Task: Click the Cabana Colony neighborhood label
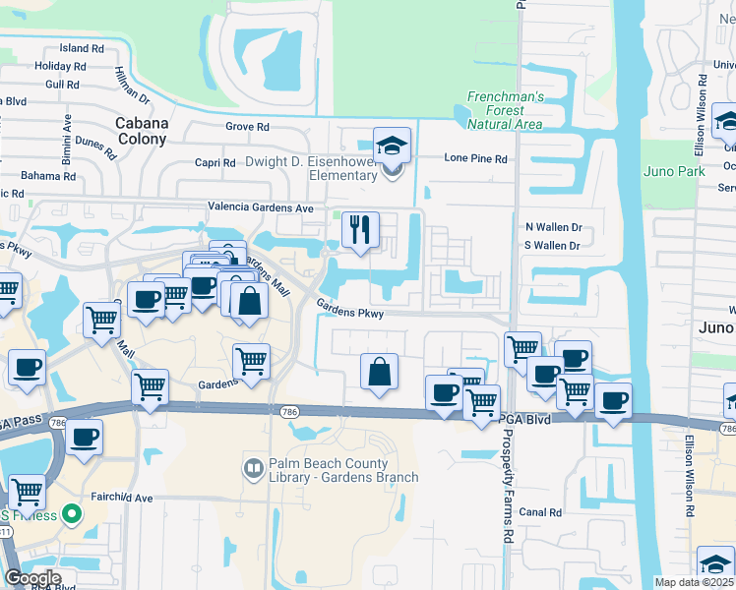click(x=142, y=132)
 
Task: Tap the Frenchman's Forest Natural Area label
click(x=504, y=110)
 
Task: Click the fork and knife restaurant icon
click(x=360, y=230)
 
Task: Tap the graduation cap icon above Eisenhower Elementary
click(x=392, y=147)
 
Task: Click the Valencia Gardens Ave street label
click(x=260, y=208)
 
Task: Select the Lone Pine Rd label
click(x=475, y=158)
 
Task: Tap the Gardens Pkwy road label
click(x=349, y=309)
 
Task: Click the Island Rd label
click(x=82, y=48)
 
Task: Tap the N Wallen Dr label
click(x=553, y=227)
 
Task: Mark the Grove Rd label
click(x=247, y=127)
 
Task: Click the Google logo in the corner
click(x=31, y=578)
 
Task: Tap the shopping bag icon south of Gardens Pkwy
click(x=379, y=373)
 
